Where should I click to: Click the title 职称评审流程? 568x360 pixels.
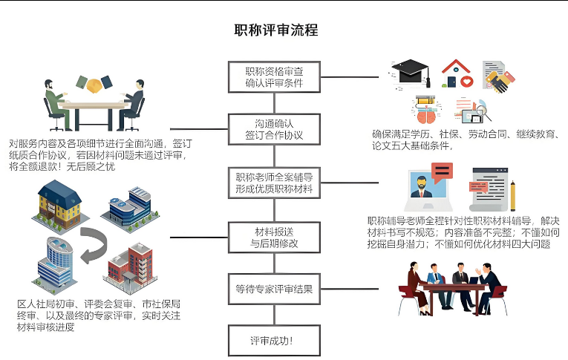275,30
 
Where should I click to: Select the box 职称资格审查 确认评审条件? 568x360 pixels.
274,76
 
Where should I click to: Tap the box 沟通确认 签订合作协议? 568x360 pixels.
274,129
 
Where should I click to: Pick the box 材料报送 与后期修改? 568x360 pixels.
274,237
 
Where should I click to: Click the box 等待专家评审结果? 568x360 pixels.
274,289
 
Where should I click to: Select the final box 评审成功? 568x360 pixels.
274,341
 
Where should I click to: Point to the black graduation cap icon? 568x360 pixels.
411,72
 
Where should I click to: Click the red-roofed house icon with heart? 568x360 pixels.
456,75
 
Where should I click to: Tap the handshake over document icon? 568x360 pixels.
499,77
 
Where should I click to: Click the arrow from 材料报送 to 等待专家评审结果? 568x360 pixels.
274,262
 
